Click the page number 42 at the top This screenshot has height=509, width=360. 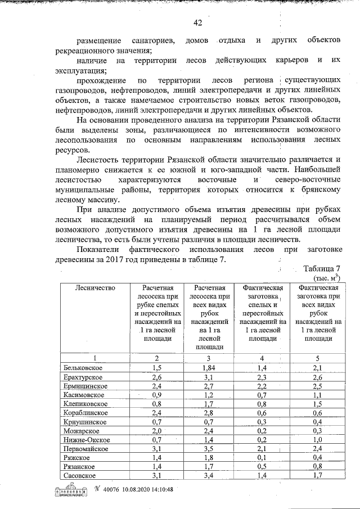[197, 23]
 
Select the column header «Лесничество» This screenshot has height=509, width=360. [95, 288]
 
